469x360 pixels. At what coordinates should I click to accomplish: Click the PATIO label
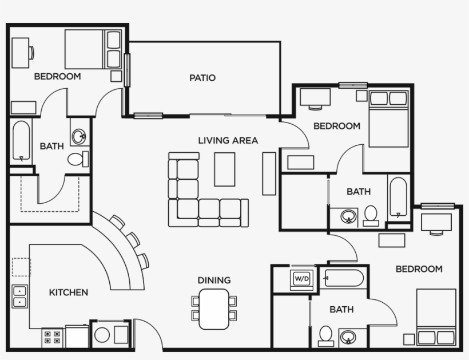tap(202, 78)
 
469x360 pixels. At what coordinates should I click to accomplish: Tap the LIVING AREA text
tap(228, 140)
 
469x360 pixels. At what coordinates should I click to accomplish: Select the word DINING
tap(214, 280)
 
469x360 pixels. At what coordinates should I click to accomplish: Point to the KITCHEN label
tap(69, 292)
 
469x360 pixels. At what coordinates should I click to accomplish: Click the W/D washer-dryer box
tap(301, 279)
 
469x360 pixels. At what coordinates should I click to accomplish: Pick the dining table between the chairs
tap(214, 308)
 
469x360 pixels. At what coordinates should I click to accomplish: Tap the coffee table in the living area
tap(225, 169)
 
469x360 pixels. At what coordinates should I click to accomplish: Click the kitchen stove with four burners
tap(53, 338)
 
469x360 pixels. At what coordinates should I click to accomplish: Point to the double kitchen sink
tap(20, 296)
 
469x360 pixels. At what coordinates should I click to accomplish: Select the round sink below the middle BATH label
tap(347, 217)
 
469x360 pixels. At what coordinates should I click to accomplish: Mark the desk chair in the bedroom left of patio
tap(31, 52)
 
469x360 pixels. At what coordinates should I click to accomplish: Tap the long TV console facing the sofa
tap(269, 173)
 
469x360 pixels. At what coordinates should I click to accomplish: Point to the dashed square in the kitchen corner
tap(21, 267)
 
